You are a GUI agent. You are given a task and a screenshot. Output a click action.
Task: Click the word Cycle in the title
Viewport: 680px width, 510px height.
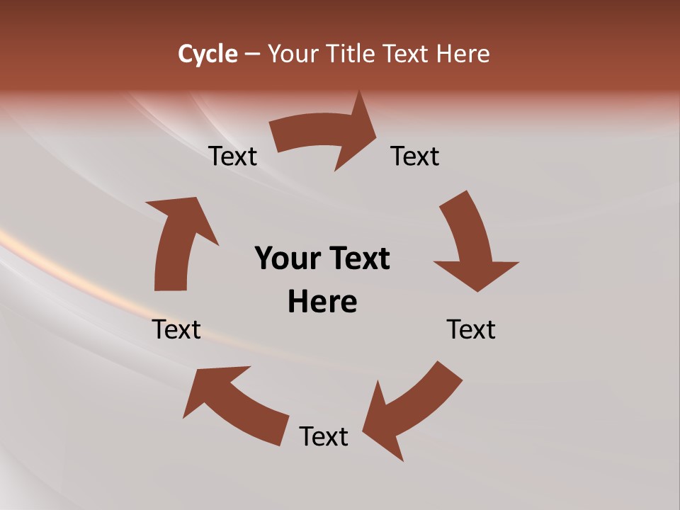pyautogui.click(x=208, y=54)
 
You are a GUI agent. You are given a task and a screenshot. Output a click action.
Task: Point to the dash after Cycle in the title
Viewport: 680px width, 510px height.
pyautogui.click(x=252, y=55)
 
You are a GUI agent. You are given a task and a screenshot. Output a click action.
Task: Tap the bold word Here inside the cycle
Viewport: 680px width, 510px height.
pyautogui.click(x=322, y=302)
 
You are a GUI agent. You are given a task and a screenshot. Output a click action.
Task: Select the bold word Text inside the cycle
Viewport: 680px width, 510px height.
pyautogui.click(x=357, y=259)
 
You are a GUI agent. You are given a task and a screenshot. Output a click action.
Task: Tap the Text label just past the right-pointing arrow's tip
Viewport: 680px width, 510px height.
pyautogui.click(x=415, y=156)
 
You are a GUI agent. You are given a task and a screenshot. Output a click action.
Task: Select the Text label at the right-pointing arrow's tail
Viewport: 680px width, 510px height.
pyautogui.click(x=233, y=156)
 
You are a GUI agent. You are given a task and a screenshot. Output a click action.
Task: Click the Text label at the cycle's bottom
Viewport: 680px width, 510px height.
pyautogui.click(x=324, y=436)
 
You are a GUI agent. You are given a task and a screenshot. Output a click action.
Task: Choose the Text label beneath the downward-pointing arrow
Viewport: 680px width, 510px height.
pyautogui.click(x=471, y=329)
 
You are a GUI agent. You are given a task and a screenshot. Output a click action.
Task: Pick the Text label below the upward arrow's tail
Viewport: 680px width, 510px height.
pyautogui.click(x=177, y=329)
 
